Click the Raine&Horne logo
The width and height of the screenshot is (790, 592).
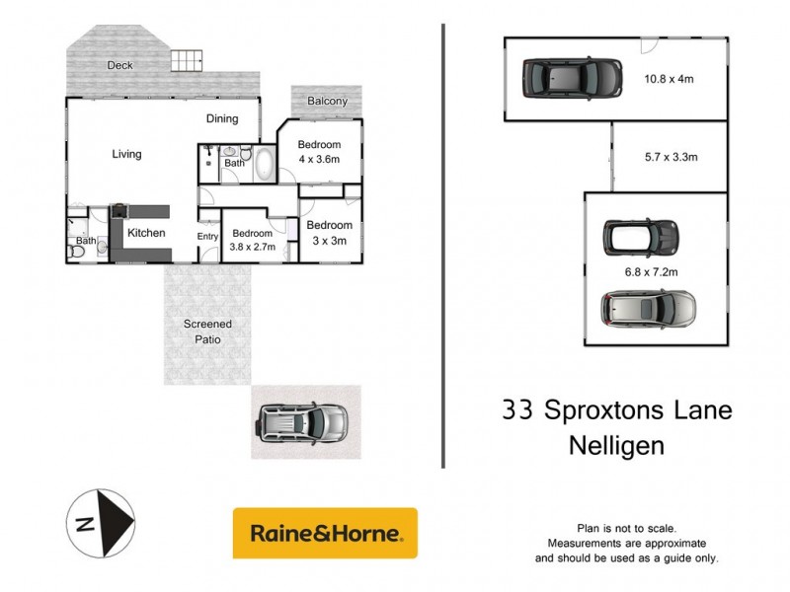(x=325, y=534)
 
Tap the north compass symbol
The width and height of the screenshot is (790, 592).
(x=102, y=524)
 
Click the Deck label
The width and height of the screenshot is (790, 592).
(x=121, y=66)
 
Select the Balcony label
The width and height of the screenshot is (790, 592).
(x=327, y=102)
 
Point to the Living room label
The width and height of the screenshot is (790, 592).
(x=126, y=154)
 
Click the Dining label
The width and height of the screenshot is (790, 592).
(x=222, y=119)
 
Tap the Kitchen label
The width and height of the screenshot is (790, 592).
(x=146, y=233)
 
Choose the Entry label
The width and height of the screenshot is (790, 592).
(x=207, y=236)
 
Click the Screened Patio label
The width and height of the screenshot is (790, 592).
(x=207, y=332)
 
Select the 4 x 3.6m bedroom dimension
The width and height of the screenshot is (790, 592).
(x=320, y=159)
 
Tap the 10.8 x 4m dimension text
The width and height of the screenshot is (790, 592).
(x=671, y=80)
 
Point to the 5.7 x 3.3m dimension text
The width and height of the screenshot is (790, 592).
(x=671, y=156)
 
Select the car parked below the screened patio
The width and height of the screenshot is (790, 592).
(x=302, y=422)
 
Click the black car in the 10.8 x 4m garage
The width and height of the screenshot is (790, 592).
(x=572, y=77)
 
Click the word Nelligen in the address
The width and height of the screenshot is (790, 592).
(x=617, y=444)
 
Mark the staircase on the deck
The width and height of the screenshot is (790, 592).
(x=188, y=60)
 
